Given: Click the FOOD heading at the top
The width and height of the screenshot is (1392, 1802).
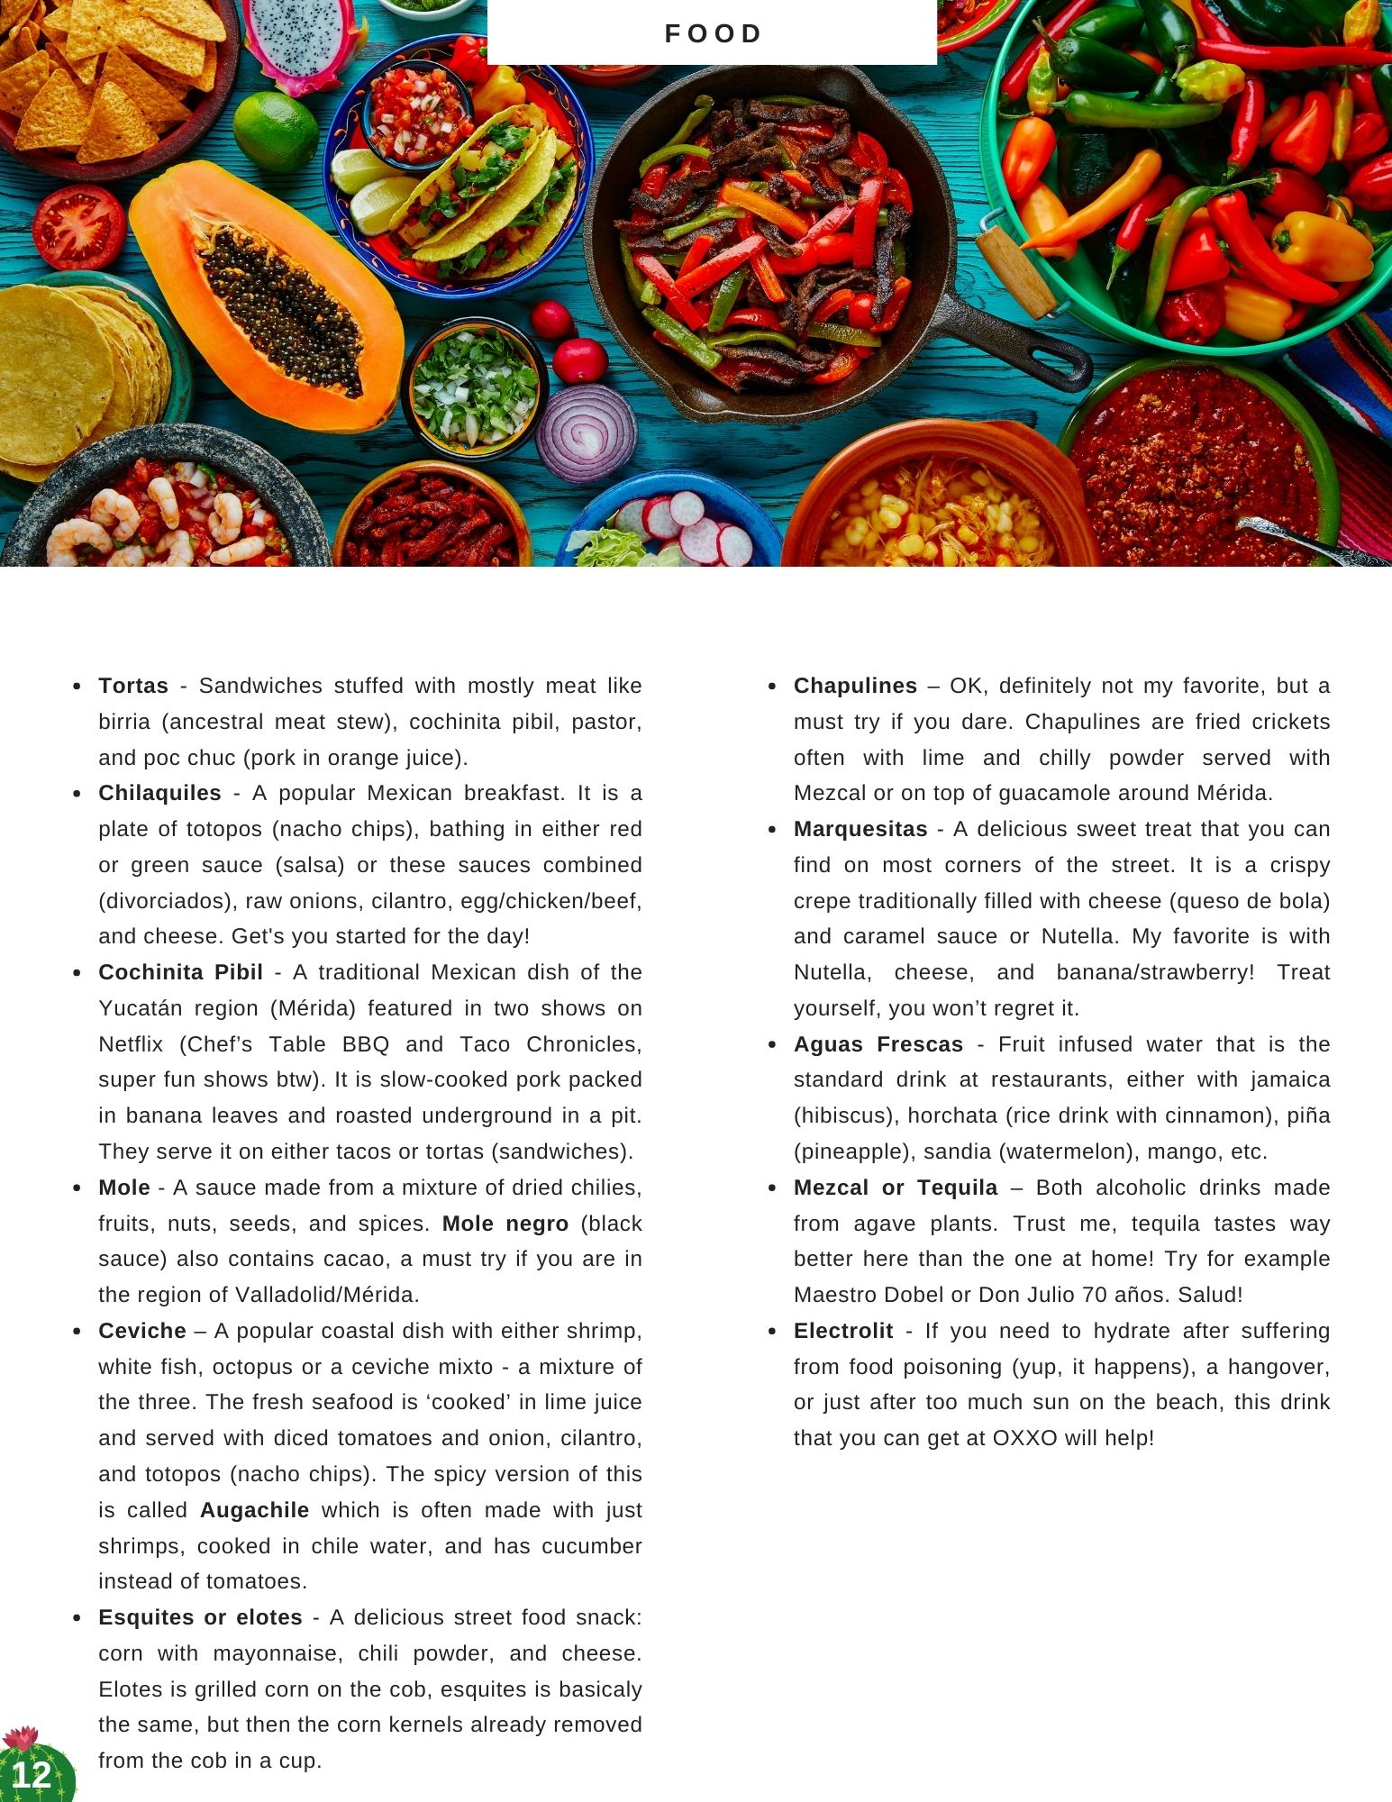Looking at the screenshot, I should [713, 34].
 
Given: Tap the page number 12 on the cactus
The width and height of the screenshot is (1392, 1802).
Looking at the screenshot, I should [32, 1774].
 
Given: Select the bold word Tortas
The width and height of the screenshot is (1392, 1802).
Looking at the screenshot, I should [133, 686].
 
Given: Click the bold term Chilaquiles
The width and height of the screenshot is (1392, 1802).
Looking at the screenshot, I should [159, 793].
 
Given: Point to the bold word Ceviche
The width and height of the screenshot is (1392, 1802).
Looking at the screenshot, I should [142, 1331].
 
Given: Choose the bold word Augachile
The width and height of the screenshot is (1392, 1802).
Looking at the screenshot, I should [254, 1510].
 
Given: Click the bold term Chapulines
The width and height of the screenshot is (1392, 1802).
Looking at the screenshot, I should [855, 686].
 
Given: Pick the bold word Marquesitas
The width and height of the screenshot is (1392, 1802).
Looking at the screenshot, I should [860, 829].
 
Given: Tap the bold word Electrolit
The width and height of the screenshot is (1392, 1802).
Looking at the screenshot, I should [843, 1331].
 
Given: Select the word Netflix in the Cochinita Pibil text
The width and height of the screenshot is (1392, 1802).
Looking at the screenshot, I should [131, 1044].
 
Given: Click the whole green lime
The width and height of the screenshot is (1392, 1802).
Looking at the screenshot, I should [275, 132].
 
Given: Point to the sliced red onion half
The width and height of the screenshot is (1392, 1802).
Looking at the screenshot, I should [586, 432].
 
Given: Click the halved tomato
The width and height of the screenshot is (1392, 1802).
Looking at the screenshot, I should [78, 226].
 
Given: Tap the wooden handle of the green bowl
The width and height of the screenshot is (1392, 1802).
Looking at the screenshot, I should [1015, 269].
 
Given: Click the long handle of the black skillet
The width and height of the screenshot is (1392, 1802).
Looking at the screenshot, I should [1018, 342].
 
